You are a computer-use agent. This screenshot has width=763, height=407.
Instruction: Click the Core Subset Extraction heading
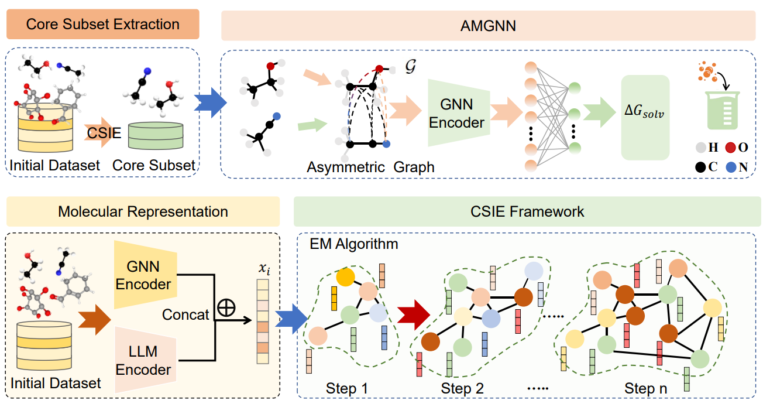coord(103,25)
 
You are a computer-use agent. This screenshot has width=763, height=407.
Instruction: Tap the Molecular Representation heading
coord(143,211)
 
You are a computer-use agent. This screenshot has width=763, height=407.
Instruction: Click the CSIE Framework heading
coord(526,211)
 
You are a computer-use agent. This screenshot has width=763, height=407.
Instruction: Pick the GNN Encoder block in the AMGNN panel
coord(456,113)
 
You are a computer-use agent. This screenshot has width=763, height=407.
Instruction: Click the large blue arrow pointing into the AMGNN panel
coord(209,104)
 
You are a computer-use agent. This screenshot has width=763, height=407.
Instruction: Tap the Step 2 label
coord(463,388)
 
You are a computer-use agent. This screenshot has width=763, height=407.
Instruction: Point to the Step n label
coord(645,388)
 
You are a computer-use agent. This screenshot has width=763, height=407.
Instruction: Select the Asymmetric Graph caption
coord(370,167)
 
